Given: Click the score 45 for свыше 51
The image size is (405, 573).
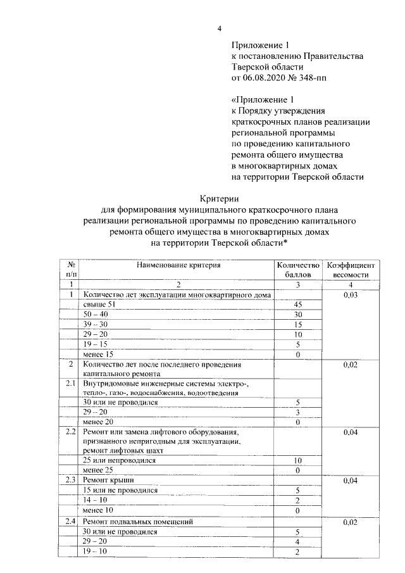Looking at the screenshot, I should tap(297, 305).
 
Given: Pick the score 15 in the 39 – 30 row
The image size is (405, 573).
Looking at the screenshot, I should tap(297, 325).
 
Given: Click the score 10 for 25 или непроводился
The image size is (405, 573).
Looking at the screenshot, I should tap(297, 461).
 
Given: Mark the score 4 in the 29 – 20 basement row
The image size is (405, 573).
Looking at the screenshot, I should tap(297, 542).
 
